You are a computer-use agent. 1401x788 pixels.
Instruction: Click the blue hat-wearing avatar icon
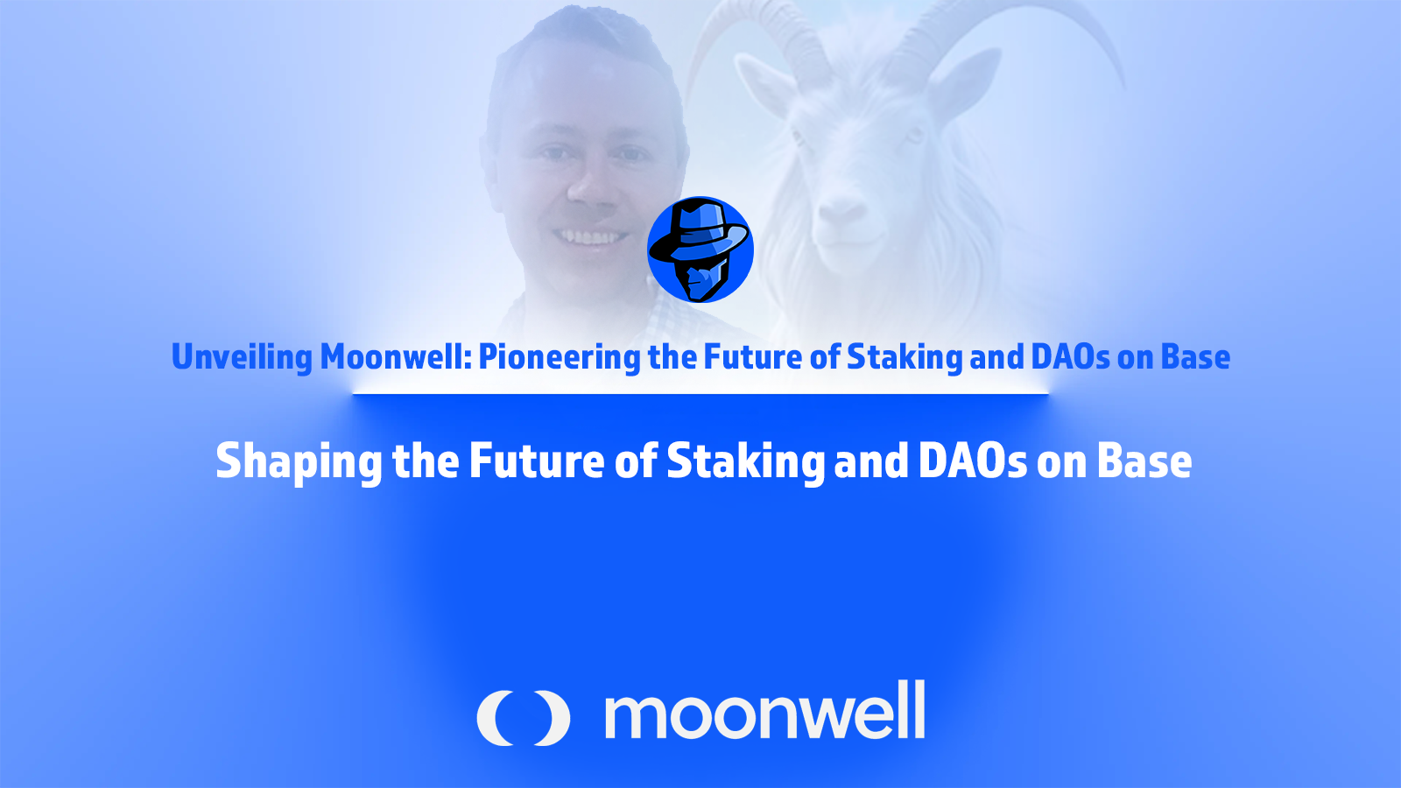[x=700, y=250]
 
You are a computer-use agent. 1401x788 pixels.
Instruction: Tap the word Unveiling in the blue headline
[x=242, y=358]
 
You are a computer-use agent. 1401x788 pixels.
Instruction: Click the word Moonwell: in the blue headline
[x=395, y=357]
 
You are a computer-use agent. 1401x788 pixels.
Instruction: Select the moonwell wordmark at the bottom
[x=764, y=711]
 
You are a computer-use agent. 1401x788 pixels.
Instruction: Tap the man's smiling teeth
[x=590, y=237]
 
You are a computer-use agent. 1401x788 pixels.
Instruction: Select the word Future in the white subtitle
[x=537, y=461]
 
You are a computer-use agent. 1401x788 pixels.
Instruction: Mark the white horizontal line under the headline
[x=700, y=393]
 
